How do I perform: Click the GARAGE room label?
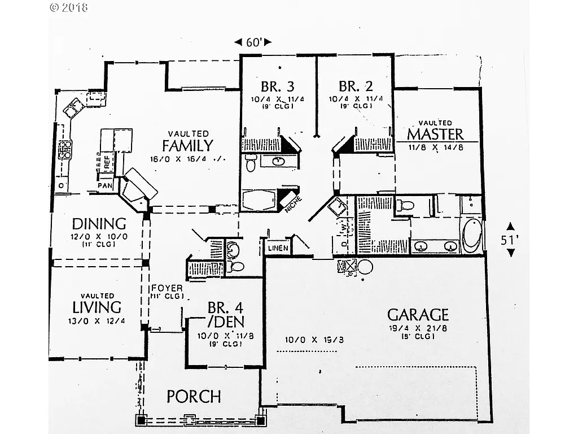click(418, 315)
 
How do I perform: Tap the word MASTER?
click(435, 134)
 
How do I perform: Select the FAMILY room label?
click(187, 146)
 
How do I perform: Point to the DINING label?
click(98, 223)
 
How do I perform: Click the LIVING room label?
click(97, 307)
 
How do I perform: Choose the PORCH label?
click(194, 397)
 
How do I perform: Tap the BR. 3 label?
click(277, 86)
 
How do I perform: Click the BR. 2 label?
click(356, 86)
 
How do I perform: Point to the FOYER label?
click(167, 288)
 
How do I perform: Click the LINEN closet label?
click(278, 248)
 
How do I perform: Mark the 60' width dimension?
click(252, 42)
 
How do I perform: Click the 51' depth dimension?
click(510, 240)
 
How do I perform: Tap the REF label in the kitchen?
click(106, 161)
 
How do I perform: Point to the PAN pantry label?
click(105, 185)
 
